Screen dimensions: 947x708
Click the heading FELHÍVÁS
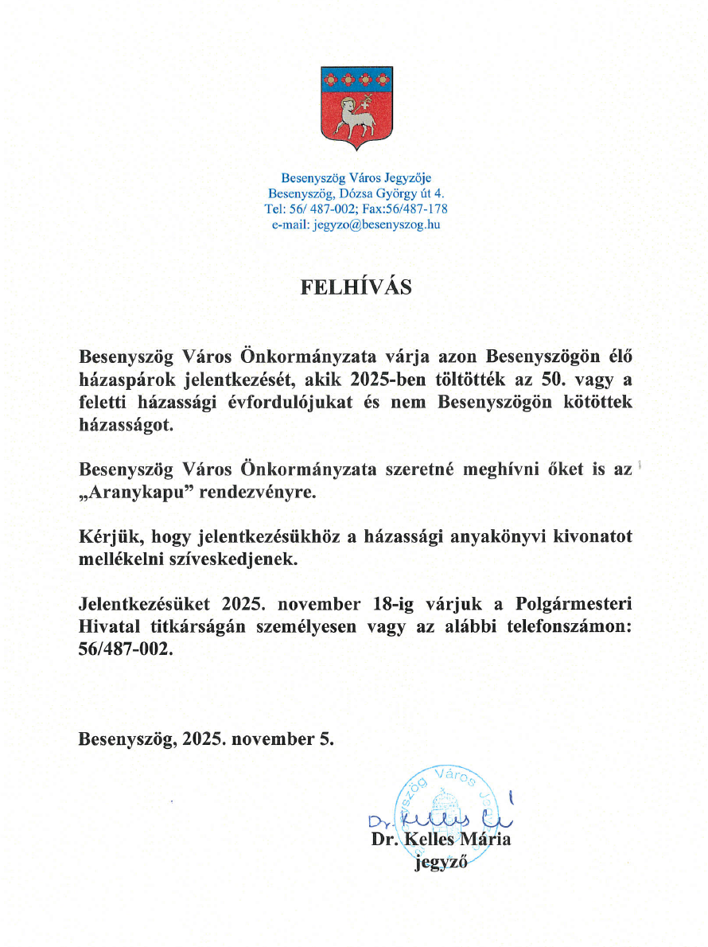[356, 287]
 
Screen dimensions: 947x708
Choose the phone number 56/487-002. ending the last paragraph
[125, 649]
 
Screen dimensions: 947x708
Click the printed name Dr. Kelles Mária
[441, 840]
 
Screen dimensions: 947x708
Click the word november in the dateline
[273, 739]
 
